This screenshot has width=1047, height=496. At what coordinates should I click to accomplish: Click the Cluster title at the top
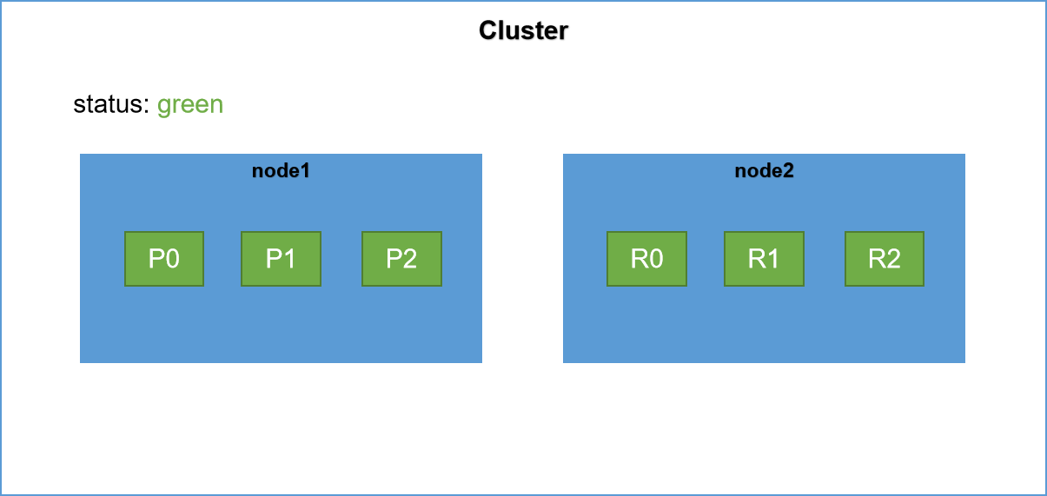523,31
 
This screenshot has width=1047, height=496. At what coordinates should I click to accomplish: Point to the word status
108,103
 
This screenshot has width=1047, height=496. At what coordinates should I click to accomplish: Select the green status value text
190,106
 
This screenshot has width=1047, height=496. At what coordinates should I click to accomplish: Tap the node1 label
281,170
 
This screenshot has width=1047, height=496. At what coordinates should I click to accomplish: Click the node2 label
765,170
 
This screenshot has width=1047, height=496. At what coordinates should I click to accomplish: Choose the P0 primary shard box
164,259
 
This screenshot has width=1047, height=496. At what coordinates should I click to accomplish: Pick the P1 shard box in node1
281,259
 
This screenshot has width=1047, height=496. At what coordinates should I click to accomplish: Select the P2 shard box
401,259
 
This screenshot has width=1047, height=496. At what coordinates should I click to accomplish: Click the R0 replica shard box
647,259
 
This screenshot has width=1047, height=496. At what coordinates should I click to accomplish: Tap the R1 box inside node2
765,259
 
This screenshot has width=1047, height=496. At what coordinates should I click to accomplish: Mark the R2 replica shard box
885,259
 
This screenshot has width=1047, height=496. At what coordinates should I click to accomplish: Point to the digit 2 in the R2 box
893,259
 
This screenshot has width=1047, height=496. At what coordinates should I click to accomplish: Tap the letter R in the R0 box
639,259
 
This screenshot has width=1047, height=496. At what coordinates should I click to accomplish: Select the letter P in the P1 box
274,259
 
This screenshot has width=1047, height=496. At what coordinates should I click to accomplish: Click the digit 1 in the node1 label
305,170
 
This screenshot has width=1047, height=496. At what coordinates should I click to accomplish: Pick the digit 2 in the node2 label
788,170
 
